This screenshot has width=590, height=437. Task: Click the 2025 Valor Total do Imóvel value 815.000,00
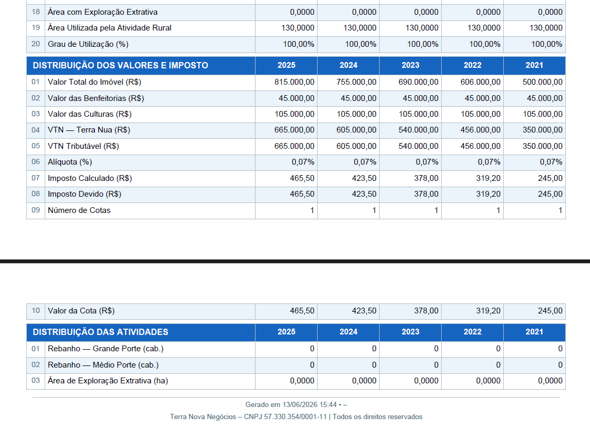pyautogui.click(x=294, y=82)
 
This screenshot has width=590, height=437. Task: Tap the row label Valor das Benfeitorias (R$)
pyautogui.click(x=96, y=98)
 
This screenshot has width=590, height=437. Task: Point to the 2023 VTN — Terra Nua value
pyautogui.click(x=419, y=130)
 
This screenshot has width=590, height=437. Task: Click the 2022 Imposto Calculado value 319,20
pyautogui.click(x=489, y=178)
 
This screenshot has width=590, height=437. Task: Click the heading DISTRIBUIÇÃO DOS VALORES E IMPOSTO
pyautogui.click(x=120, y=66)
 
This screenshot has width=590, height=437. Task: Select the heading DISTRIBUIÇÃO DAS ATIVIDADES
pyautogui.click(x=100, y=332)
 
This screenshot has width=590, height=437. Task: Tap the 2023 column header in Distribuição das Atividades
pyautogui.click(x=411, y=332)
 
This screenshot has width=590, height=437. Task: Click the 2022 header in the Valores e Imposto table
pyautogui.click(x=473, y=65)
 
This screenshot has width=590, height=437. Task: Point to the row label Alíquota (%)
pyautogui.click(x=70, y=162)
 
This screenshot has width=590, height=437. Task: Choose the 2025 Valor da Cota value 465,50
pyautogui.click(x=302, y=311)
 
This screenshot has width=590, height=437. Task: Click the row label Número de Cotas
pyautogui.click(x=79, y=210)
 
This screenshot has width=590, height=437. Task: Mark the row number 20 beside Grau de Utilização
pyautogui.click(x=36, y=44)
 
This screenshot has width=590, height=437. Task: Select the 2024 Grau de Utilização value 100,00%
pyautogui.click(x=361, y=44)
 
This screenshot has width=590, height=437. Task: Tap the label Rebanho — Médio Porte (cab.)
pyautogui.click(x=103, y=365)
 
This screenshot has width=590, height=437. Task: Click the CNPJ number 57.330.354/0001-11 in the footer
pyautogui.click(x=296, y=416)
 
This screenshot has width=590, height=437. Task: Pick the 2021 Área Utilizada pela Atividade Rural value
pyautogui.click(x=546, y=28)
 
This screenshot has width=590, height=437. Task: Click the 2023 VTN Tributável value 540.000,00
pyautogui.click(x=419, y=146)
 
